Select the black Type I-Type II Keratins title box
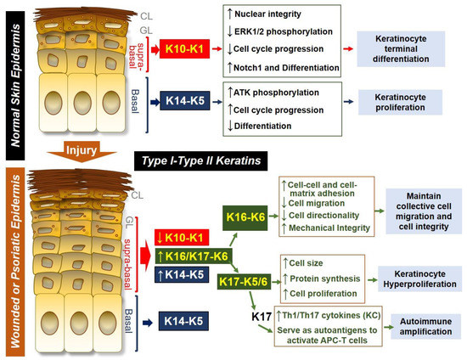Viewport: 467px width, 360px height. (x=211, y=158)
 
